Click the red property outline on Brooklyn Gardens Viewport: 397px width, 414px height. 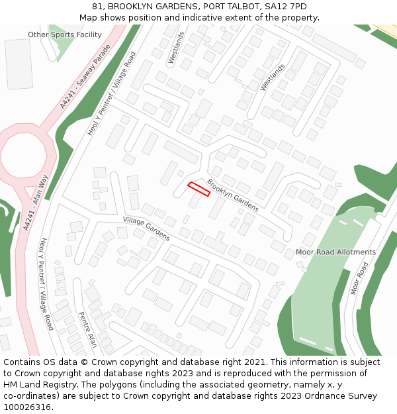[198, 189]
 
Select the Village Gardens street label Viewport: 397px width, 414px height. [146, 229]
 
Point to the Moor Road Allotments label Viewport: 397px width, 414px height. [335, 252]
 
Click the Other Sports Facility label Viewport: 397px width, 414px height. [65, 34]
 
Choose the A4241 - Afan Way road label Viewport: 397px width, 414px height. [36, 203]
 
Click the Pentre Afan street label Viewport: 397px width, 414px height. [88, 329]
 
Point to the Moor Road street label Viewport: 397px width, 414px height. [359, 278]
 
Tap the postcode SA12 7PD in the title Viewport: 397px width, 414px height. [285, 7]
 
